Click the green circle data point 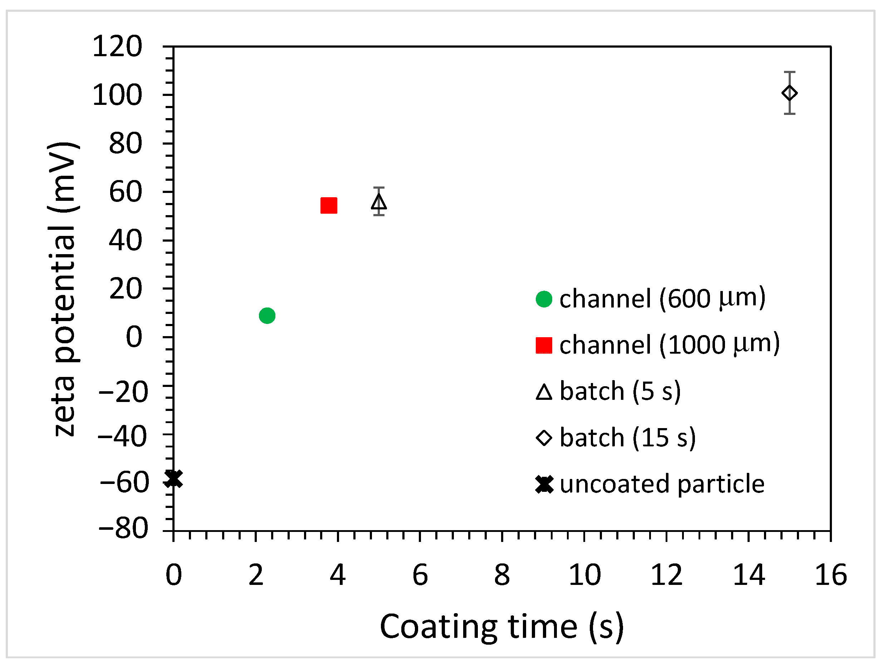(267, 316)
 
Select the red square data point (329, 205)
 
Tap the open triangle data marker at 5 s (379, 202)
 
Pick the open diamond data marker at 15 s (789, 93)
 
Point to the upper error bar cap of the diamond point (789, 72)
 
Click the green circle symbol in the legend (544, 299)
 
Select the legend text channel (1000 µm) (669, 344)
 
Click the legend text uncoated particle (662, 484)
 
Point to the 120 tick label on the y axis (117, 47)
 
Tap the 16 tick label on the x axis (830, 576)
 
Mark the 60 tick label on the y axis (125, 192)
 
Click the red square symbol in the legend (544, 345)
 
